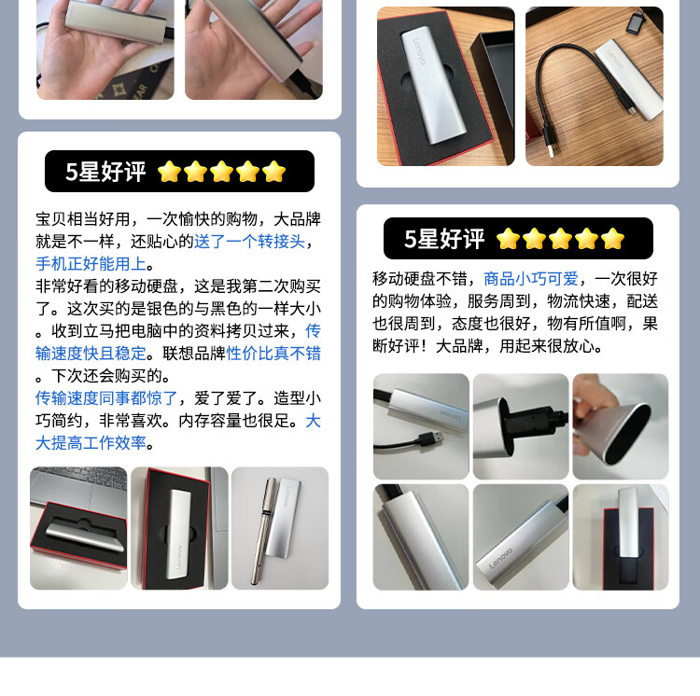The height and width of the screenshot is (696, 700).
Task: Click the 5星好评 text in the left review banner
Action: pyautogui.click(x=105, y=172)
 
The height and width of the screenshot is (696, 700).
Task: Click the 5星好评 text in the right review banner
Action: pyautogui.click(x=444, y=239)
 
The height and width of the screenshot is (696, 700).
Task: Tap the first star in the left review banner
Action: pyautogui.click(x=169, y=172)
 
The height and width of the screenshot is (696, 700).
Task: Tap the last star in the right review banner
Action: pyautogui.click(x=612, y=239)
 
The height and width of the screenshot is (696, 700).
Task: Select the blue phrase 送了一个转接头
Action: pyautogui.click(x=249, y=241)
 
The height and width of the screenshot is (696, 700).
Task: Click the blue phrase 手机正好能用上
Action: pyautogui.click(x=91, y=263)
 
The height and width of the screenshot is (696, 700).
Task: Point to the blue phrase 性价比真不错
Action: pyautogui.click(x=273, y=353)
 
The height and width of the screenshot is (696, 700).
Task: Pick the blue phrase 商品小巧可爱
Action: pyautogui.click(x=530, y=278)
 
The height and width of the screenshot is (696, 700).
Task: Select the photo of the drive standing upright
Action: pyautogui.click(x=620, y=536)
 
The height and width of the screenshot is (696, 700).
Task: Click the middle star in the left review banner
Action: pyautogui.click(x=221, y=172)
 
